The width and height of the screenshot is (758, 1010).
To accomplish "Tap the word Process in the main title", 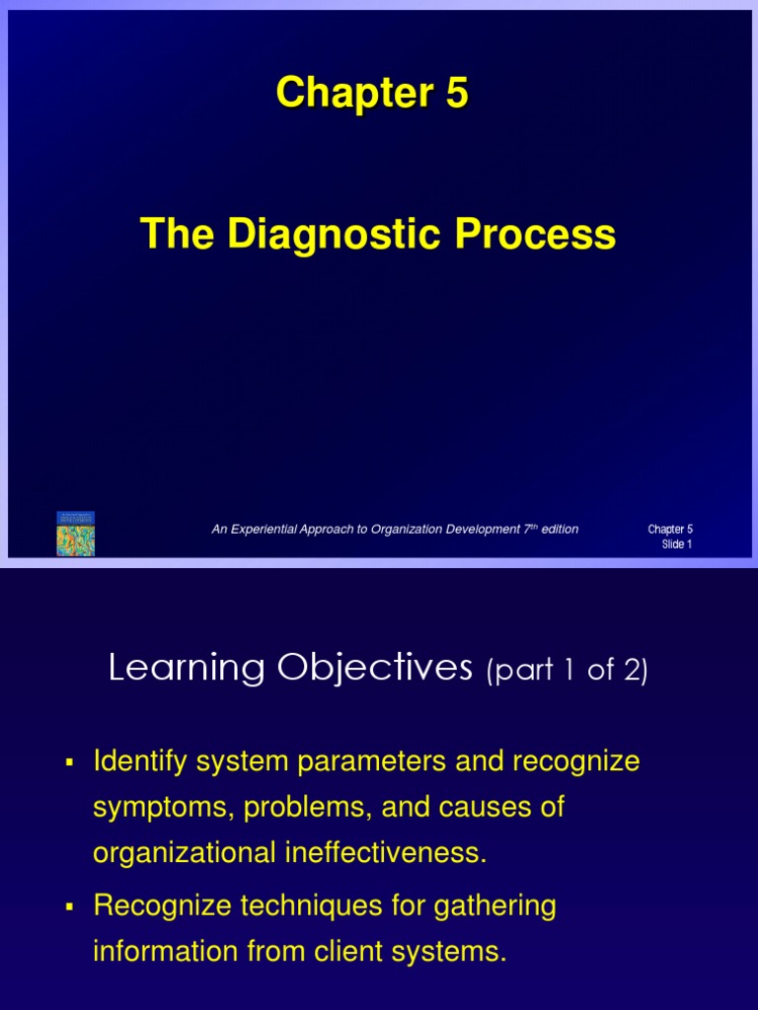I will click(x=534, y=235).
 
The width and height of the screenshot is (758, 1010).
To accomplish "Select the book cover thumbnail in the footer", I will click(x=75, y=534).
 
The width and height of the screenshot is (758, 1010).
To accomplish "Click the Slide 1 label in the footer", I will click(x=676, y=544).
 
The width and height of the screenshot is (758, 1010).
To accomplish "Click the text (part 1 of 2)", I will click(x=567, y=672).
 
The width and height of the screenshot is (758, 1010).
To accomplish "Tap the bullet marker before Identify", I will click(x=69, y=761).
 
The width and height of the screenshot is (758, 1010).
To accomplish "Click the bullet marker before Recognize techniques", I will click(x=69, y=906).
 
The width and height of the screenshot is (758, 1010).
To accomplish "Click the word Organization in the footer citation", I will click(x=404, y=530).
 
